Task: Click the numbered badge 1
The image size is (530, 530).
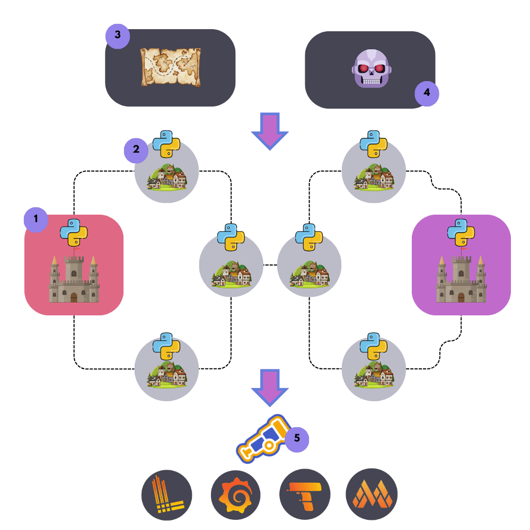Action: point(36,219)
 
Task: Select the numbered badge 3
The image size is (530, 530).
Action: point(118,36)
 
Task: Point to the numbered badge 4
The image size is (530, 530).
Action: point(427,94)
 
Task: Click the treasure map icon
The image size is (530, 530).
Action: point(171,67)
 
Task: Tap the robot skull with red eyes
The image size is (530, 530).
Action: point(371,69)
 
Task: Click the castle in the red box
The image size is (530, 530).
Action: point(74,278)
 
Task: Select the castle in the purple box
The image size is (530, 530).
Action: point(461,278)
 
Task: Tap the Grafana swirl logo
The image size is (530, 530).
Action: point(236,496)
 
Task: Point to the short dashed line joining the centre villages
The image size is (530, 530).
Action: point(270,264)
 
